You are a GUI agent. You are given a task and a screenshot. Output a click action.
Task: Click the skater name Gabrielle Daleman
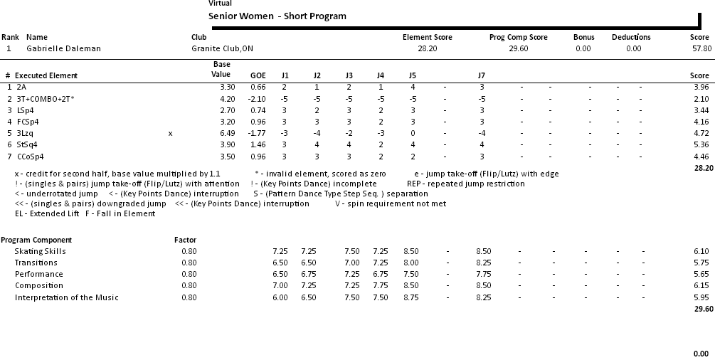pos(63,48)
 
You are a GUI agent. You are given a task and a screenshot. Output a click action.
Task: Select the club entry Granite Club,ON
pos(223,48)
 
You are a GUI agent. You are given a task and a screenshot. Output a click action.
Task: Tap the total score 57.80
pos(701,48)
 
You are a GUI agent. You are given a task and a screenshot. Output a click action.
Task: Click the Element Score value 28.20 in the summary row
pos(427,48)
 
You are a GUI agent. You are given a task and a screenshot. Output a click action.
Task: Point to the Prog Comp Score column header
pos(518,37)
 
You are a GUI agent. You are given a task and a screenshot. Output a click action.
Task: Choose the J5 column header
pos(412,75)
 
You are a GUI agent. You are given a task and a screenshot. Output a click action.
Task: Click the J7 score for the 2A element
pos(482,87)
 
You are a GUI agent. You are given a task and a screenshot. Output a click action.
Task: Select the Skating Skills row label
pos(40,251)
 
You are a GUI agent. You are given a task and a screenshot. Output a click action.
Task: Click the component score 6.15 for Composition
pos(701,285)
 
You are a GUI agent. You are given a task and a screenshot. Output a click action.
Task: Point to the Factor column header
pos(185,240)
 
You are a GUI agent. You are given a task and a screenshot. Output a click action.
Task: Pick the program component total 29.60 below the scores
pos(703,309)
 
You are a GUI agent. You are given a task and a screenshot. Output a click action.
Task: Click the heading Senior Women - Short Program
pos(277,16)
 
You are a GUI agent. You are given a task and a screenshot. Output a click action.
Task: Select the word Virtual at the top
pos(220,4)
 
